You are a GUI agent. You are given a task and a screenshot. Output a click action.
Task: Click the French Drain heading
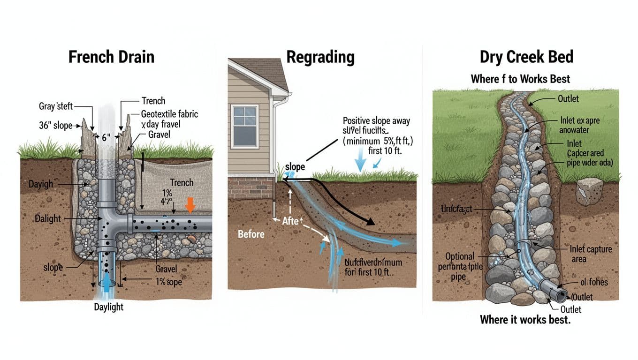click(111, 57)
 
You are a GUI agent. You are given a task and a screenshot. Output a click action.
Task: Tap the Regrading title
click(320, 57)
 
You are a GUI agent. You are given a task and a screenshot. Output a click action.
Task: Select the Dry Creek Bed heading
click(526, 57)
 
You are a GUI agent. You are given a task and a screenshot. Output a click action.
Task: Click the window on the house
click(245, 127)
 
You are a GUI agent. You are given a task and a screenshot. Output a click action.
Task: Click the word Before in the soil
click(251, 234)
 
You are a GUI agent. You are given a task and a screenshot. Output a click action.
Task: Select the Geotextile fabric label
click(169, 113)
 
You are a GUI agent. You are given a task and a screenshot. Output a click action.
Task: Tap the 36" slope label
click(55, 125)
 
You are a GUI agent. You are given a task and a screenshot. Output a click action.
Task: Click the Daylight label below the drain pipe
click(108, 307)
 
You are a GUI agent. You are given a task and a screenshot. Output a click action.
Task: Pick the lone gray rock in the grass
click(589, 191)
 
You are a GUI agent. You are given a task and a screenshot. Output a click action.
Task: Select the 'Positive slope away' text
click(376, 121)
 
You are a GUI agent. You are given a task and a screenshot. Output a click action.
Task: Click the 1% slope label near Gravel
click(169, 283)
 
